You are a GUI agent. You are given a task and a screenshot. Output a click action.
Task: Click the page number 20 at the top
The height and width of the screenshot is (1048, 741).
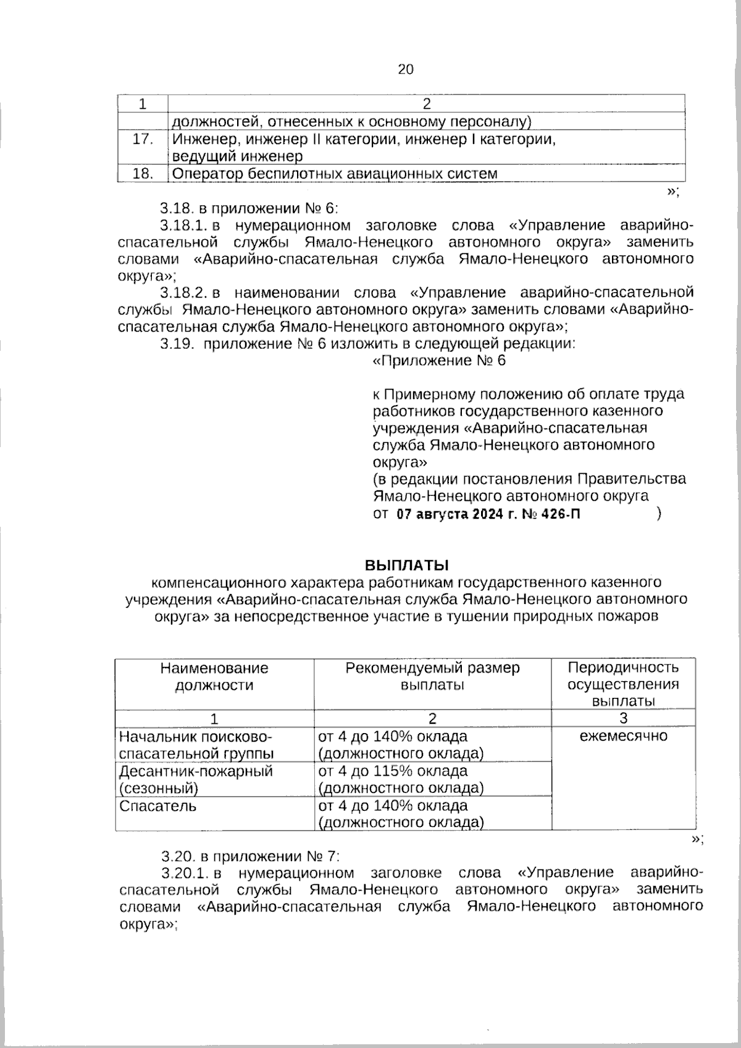click(406, 69)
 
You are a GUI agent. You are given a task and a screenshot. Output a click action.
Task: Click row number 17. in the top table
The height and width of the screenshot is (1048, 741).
click(143, 140)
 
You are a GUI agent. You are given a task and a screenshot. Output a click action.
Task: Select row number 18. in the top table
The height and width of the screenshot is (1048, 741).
click(143, 174)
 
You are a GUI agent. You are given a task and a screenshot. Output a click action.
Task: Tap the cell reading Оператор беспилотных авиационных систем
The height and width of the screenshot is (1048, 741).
click(334, 174)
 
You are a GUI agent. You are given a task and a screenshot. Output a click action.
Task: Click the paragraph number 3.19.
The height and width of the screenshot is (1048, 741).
click(178, 344)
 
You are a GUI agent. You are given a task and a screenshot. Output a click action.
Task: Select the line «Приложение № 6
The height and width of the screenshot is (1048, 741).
click(440, 361)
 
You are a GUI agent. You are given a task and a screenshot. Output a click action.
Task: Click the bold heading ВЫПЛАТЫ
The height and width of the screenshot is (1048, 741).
click(406, 565)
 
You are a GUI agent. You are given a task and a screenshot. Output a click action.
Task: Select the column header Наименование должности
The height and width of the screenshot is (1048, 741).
click(214, 676)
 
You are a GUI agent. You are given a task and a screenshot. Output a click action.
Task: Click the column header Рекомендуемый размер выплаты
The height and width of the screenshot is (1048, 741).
click(432, 676)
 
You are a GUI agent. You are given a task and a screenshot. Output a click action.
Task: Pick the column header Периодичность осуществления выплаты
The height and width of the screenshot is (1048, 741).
click(623, 684)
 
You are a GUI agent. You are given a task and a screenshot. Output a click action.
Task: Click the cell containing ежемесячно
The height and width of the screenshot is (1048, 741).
click(623, 736)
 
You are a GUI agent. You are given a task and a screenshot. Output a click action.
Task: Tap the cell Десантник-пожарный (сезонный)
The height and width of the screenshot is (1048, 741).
click(196, 779)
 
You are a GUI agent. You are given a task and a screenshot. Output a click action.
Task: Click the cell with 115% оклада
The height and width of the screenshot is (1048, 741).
click(400, 779)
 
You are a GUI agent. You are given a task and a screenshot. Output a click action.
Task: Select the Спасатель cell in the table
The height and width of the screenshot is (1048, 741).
click(158, 806)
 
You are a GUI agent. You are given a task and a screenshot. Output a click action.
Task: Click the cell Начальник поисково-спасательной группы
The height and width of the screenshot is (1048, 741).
click(196, 745)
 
